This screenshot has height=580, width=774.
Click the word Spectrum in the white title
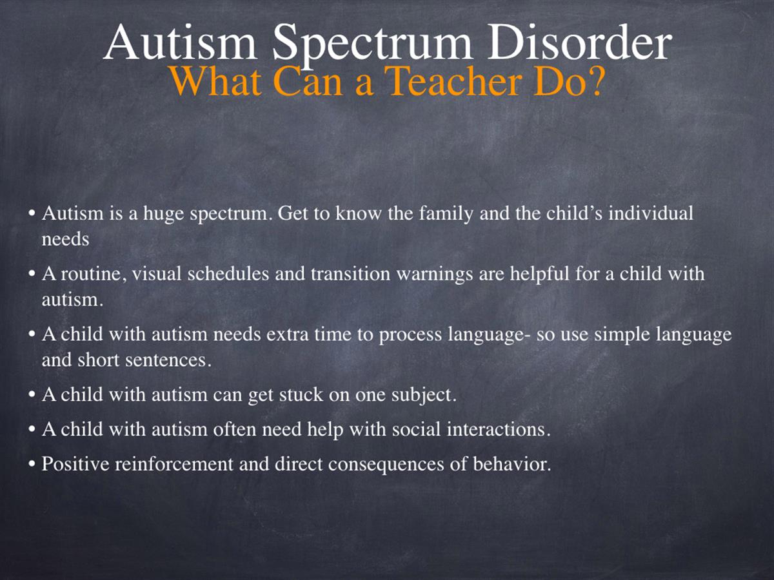click(372, 44)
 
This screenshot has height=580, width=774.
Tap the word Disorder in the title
click(579, 43)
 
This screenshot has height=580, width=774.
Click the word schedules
click(228, 274)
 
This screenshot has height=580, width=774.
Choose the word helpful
click(539, 275)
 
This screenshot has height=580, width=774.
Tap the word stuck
click(301, 394)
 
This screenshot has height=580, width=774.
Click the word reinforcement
click(174, 464)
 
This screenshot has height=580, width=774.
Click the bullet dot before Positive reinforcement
click(32, 465)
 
